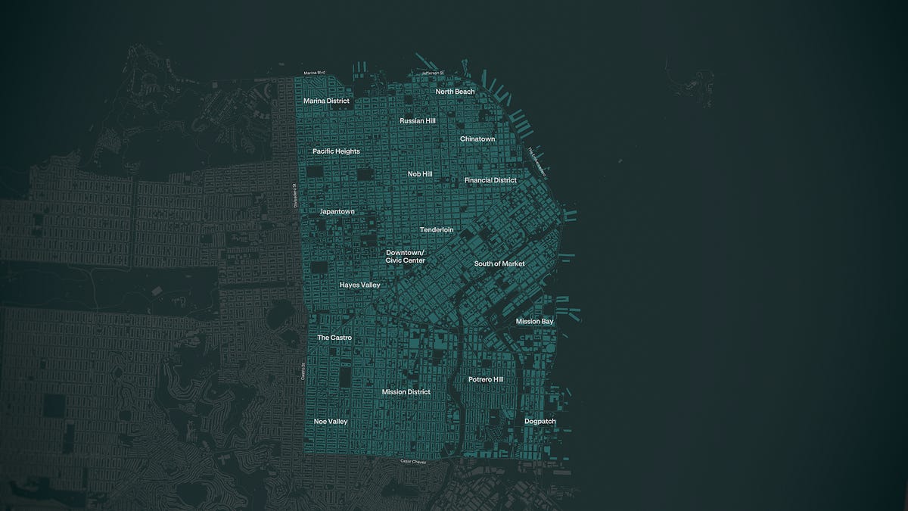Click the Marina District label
326,101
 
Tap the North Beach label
455,92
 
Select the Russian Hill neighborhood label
418,120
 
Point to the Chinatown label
477,139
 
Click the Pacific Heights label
336,151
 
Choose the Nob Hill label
420,174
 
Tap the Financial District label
490,181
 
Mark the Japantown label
337,212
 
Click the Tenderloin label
437,229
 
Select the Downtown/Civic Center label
406,257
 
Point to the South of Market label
499,264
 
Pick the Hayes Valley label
359,285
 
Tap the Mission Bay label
535,322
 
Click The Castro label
334,338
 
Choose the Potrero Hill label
485,379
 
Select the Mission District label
406,392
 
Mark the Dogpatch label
540,421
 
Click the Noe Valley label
331,422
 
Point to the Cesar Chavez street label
413,462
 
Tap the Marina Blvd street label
314,73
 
